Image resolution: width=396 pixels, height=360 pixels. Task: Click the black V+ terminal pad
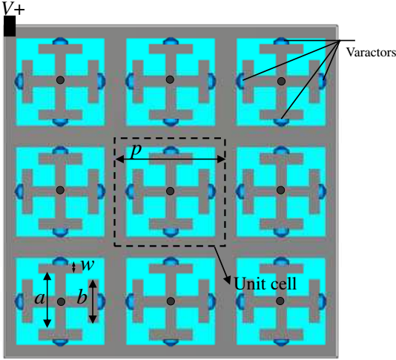(x=10, y=26)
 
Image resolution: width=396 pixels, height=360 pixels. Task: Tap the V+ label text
(x=13, y=9)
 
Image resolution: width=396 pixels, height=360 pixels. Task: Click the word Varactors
(x=371, y=53)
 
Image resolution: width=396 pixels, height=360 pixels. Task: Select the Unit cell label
(x=265, y=284)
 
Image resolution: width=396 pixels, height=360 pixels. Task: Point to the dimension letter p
(x=136, y=150)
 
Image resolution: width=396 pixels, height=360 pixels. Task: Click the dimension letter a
(x=39, y=298)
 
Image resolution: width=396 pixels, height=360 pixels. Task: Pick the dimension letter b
(x=82, y=297)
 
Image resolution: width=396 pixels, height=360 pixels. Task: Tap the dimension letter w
(x=88, y=265)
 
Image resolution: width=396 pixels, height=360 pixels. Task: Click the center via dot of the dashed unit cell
(x=171, y=191)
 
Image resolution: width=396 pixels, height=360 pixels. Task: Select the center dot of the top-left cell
(x=60, y=80)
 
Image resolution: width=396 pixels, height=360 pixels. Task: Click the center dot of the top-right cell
(x=281, y=81)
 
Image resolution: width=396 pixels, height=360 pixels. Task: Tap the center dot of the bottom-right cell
(x=280, y=301)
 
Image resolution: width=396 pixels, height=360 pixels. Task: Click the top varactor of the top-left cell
(x=60, y=41)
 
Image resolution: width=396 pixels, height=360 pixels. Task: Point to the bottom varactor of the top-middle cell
(x=171, y=122)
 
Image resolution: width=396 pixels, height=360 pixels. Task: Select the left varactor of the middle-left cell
(x=19, y=191)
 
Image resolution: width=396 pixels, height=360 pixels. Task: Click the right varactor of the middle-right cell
(x=322, y=190)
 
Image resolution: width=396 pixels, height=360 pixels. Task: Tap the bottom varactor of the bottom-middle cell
(x=171, y=342)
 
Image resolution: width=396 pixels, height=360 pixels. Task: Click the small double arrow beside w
(x=73, y=267)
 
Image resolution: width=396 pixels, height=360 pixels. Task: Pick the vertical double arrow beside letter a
(x=47, y=300)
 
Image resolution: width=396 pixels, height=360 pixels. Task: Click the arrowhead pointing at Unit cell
(x=228, y=280)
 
